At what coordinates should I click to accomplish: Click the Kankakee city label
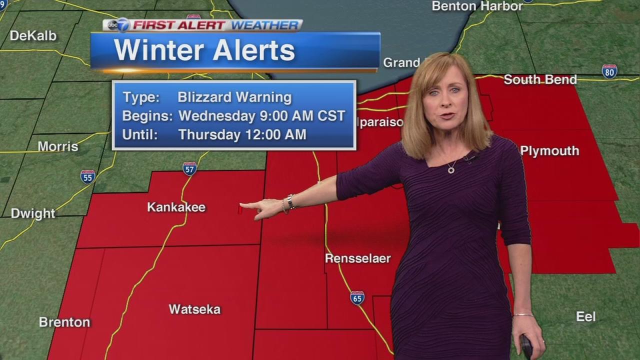click(x=176, y=207)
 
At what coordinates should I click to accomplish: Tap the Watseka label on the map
click(x=194, y=309)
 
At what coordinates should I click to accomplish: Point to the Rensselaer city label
click(x=357, y=258)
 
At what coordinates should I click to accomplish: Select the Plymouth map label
click(x=549, y=150)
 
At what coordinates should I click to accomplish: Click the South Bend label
click(x=540, y=79)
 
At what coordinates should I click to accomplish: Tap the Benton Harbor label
click(x=477, y=6)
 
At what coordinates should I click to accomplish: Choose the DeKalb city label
click(x=33, y=35)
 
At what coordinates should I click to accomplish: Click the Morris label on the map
click(x=58, y=146)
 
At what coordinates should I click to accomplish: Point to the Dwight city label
click(x=33, y=213)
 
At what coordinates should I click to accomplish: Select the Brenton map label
click(x=64, y=322)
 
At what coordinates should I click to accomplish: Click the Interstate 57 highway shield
click(x=189, y=168)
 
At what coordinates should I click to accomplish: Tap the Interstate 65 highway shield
click(x=357, y=298)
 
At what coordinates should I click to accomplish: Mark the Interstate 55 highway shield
click(x=87, y=176)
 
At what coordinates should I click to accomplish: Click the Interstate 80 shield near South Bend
click(x=609, y=71)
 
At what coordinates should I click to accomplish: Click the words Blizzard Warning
click(x=234, y=97)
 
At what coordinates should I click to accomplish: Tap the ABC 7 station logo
click(x=117, y=25)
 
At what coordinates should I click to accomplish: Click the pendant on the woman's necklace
click(x=451, y=169)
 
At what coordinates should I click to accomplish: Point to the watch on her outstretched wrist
click(x=290, y=201)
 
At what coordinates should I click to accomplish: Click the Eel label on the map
click(x=585, y=316)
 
